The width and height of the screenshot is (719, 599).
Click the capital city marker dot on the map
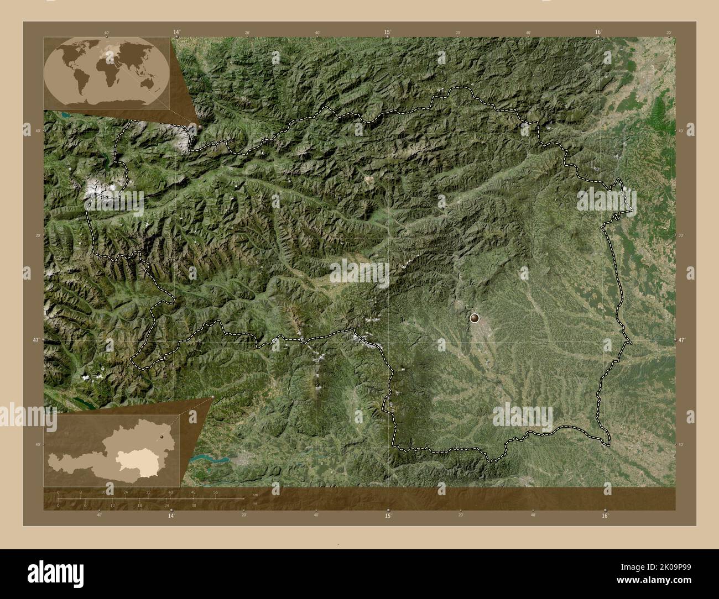(x=475, y=318)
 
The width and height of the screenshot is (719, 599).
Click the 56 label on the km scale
(x=215, y=492)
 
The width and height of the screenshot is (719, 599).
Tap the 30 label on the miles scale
(x=194, y=505)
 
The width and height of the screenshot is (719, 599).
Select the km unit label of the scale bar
(x=254, y=495)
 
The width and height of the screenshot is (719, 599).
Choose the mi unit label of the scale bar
(x=254, y=503)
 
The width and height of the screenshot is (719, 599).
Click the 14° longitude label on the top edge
(x=176, y=33)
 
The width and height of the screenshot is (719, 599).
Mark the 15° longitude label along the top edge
(x=388, y=33)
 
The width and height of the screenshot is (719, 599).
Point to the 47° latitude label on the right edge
(x=681, y=340)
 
